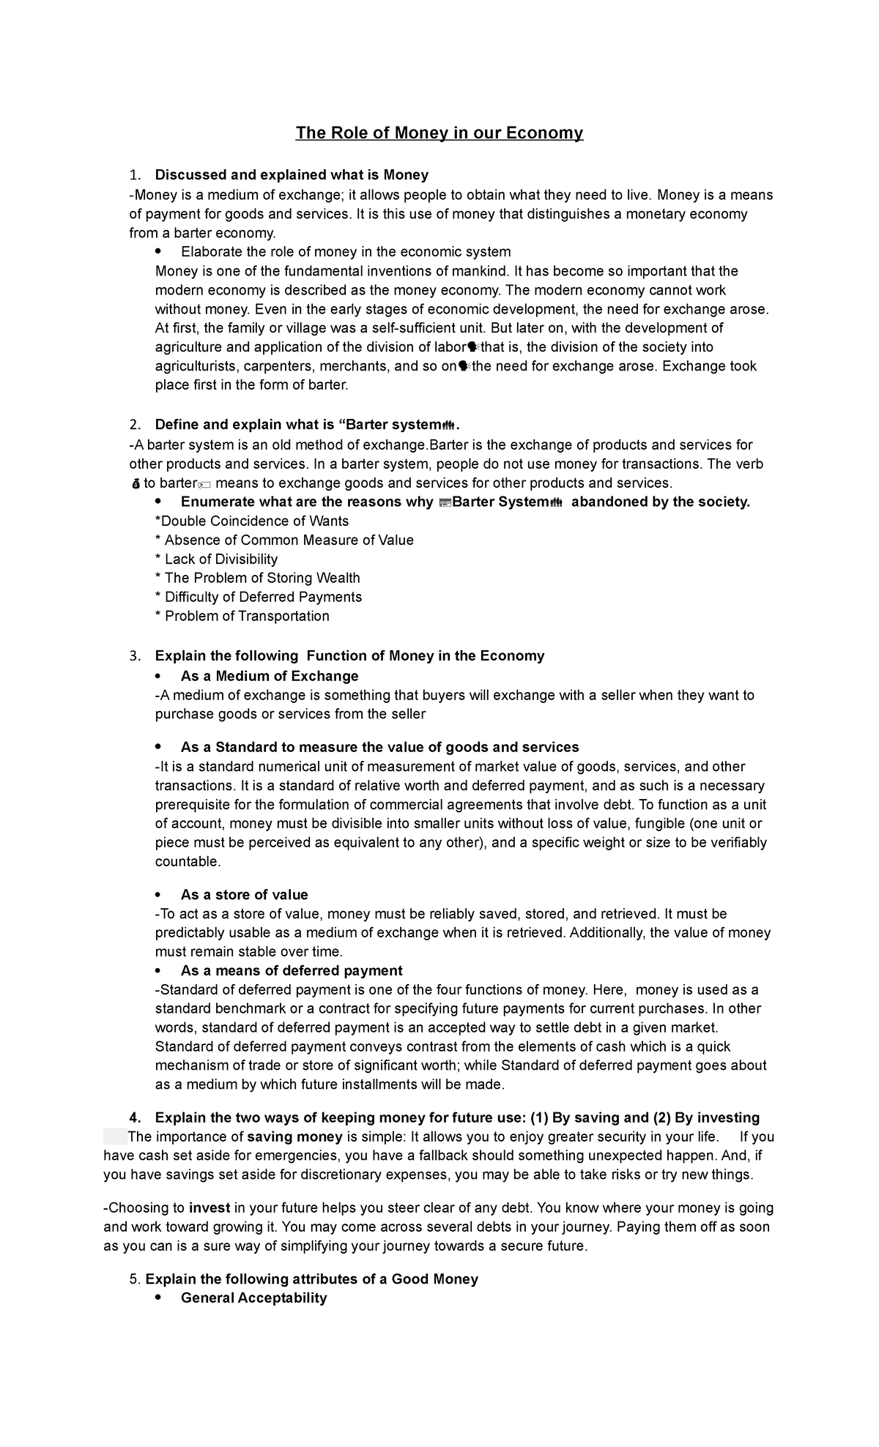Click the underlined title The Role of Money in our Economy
click(439, 133)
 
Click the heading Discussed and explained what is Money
click(292, 175)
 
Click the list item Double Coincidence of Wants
click(252, 521)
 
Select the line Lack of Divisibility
click(217, 559)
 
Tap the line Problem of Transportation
click(242, 617)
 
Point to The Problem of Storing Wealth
click(258, 579)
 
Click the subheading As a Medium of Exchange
click(270, 676)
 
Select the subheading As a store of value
click(244, 895)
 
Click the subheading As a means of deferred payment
click(292, 971)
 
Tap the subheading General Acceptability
click(253, 1298)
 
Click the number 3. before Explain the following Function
click(134, 656)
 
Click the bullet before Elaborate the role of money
click(159, 252)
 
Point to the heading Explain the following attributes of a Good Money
click(311, 1279)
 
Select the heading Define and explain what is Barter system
click(306, 425)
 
